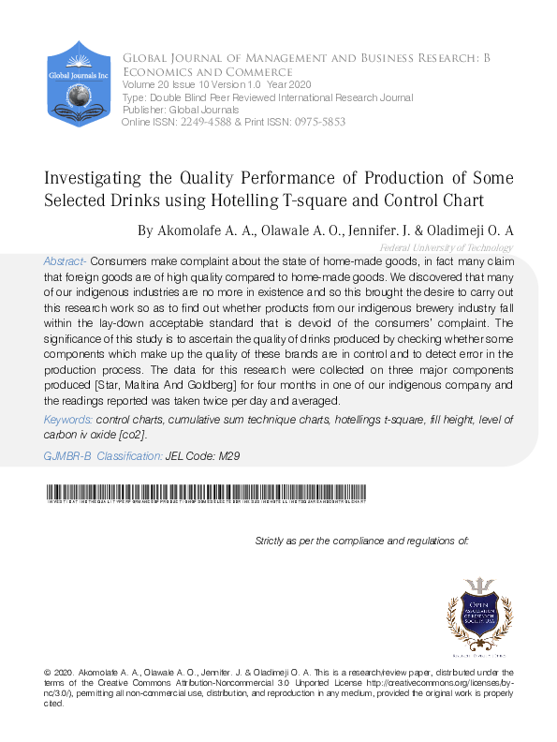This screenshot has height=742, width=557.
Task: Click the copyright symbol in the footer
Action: pos(48,673)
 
